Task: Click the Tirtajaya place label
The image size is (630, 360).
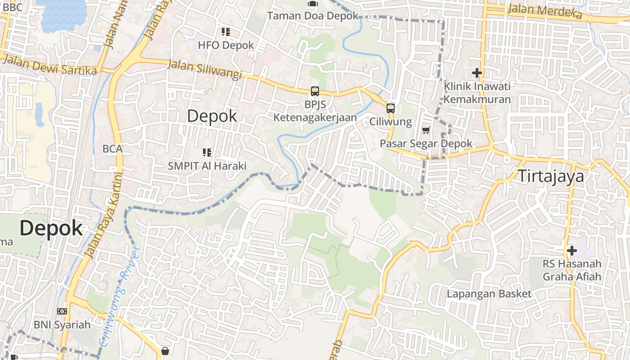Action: click(551, 176)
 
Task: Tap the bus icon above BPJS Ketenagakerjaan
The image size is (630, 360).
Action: click(315, 91)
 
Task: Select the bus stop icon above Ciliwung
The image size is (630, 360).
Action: click(391, 108)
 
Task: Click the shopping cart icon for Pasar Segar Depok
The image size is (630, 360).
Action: click(426, 130)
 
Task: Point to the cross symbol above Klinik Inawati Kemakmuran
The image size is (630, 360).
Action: click(477, 72)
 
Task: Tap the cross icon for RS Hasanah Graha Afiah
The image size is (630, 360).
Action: click(572, 250)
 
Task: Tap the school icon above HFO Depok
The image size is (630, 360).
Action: click(226, 32)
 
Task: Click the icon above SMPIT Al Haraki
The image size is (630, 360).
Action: click(207, 153)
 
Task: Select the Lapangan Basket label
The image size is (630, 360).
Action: click(489, 294)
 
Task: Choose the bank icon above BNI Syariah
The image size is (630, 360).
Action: click(62, 311)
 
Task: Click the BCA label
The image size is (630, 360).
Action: click(112, 148)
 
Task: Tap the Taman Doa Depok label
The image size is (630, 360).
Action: click(313, 16)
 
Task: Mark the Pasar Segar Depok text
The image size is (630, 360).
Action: click(426, 144)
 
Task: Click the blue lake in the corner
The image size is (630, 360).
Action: click(63, 13)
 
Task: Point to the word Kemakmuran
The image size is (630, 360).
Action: click(477, 99)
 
